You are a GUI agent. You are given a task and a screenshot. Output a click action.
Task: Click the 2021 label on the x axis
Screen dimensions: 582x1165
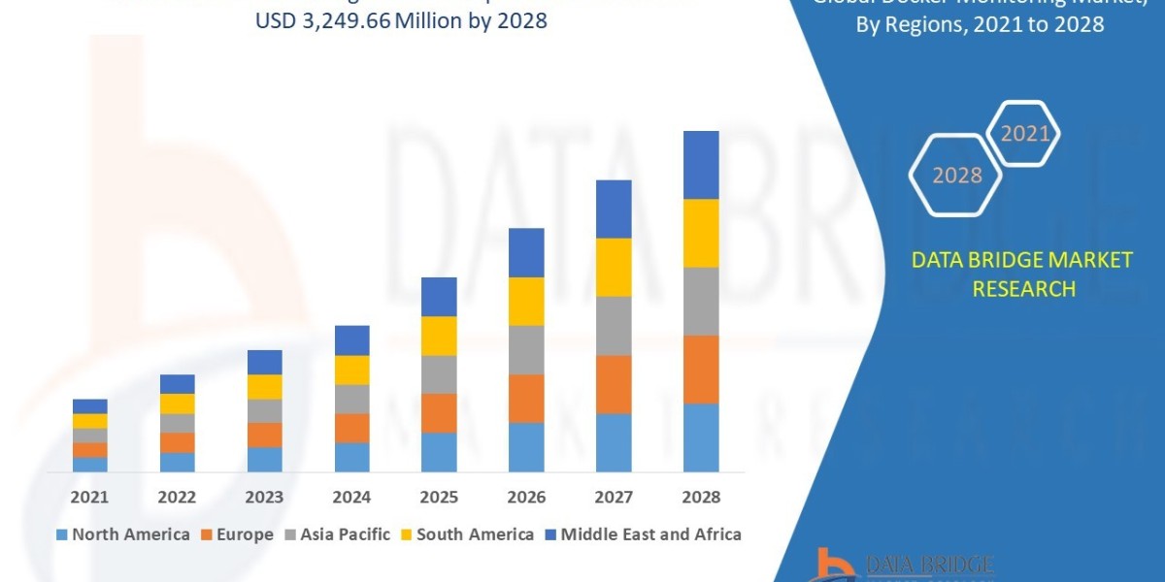pyautogui.click(x=89, y=497)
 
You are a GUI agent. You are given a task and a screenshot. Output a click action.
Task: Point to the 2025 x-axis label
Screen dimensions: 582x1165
pyautogui.click(x=439, y=497)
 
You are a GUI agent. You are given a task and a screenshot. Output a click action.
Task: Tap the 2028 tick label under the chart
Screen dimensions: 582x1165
pyautogui.click(x=701, y=497)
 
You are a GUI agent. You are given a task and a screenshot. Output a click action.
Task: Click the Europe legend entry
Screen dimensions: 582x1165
pyautogui.click(x=238, y=534)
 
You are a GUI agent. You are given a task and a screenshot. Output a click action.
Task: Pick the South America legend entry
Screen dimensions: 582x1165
pyautogui.click(x=466, y=534)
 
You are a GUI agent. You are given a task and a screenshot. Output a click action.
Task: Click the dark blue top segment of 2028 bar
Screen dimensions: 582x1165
pyautogui.click(x=701, y=165)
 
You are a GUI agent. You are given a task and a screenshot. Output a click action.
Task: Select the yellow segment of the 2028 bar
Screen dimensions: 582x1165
pyautogui.click(x=701, y=233)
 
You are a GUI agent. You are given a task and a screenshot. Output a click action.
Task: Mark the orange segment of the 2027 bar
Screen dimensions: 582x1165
pyautogui.click(x=614, y=384)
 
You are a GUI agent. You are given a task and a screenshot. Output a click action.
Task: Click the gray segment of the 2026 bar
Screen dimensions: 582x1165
pyautogui.click(x=526, y=349)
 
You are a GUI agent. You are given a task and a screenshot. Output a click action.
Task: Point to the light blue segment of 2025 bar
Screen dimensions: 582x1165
pyautogui.click(x=439, y=452)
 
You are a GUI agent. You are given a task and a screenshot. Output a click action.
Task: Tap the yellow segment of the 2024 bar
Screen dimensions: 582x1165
pyautogui.click(x=351, y=370)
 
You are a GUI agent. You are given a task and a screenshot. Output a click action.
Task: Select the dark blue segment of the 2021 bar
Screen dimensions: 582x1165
pyautogui.click(x=89, y=405)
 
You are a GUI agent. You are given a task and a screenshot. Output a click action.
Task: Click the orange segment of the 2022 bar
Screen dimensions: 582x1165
pyautogui.click(x=177, y=442)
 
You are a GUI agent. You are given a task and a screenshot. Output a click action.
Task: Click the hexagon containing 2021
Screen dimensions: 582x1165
pyautogui.click(x=1023, y=134)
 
